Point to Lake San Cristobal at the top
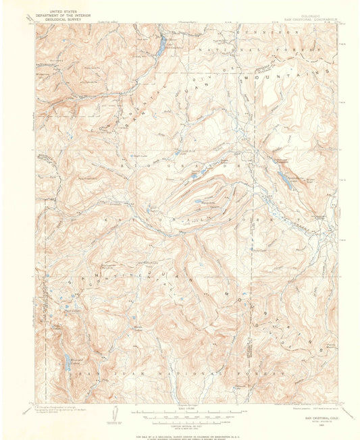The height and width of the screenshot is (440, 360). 162,46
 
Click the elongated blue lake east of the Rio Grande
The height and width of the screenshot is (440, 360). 286,181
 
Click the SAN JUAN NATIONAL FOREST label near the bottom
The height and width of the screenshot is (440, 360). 182,373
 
